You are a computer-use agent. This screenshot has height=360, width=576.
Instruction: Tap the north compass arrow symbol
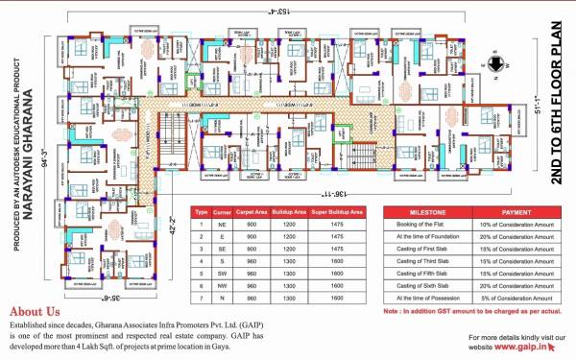[x=493, y=65]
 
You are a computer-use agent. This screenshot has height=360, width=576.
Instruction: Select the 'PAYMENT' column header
[x=519, y=212]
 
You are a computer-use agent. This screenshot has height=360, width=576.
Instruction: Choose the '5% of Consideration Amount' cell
[x=519, y=299]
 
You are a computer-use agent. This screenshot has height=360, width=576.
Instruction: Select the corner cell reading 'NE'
[x=223, y=224]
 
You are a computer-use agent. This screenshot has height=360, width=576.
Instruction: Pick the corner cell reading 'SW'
[x=223, y=274]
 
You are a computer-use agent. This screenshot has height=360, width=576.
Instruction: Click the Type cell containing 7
[x=201, y=299]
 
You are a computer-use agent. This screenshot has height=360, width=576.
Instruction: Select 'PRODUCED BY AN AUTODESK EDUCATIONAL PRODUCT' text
[x=15, y=144]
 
